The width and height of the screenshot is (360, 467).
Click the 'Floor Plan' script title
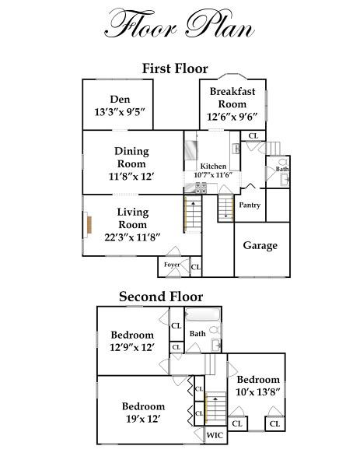click(180, 23)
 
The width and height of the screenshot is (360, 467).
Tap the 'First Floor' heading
click(175, 68)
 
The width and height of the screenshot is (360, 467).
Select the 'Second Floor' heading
click(161, 297)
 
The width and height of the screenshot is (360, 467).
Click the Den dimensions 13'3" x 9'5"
click(120, 112)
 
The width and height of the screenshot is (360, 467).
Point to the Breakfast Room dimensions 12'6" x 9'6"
click(232, 117)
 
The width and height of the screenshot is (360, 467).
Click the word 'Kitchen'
click(213, 166)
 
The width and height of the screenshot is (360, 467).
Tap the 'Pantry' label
click(250, 205)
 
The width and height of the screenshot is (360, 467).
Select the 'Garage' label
click(260, 245)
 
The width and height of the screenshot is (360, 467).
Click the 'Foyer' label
click(172, 265)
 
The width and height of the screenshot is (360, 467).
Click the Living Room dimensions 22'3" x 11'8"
click(133, 237)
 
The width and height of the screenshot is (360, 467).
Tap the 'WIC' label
click(215, 435)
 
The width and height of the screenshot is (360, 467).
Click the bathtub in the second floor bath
click(203, 314)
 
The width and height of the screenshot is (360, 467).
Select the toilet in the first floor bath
click(283, 162)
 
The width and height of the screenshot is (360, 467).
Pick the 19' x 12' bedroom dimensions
click(143, 419)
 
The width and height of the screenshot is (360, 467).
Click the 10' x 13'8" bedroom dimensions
click(258, 392)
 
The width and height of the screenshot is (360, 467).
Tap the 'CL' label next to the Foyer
click(195, 267)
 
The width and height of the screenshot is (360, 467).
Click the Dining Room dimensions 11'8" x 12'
click(131, 177)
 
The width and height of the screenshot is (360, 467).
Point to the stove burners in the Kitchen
click(201, 188)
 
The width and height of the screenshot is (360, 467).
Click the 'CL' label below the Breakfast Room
click(253, 135)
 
